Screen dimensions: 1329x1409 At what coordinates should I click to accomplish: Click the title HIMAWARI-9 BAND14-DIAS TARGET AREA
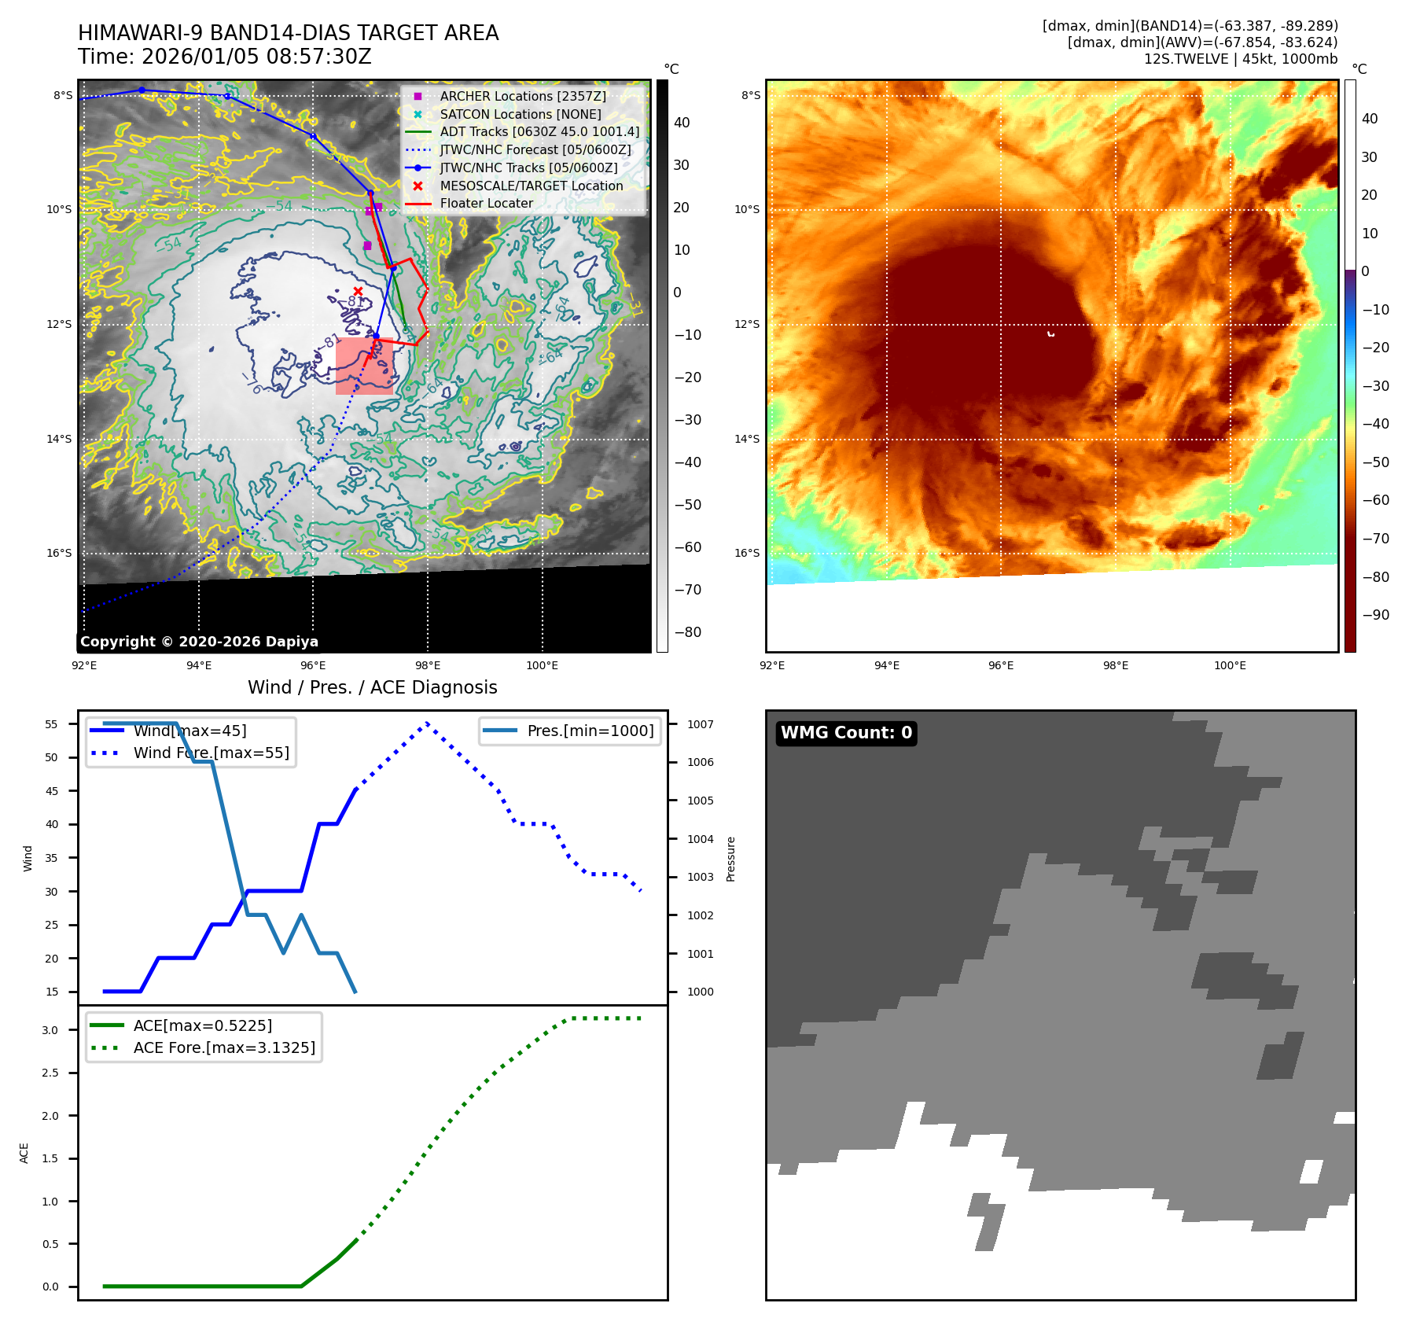pos(288,33)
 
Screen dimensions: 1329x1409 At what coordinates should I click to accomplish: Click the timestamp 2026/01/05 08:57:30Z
pos(256,57)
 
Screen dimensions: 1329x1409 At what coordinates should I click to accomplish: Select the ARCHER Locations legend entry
pos(522,96)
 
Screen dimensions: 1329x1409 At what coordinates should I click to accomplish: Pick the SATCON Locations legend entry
pos(520,114)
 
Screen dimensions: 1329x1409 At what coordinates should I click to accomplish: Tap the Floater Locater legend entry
pos(486,203)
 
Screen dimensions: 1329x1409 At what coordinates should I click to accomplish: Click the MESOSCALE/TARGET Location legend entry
pos(531,186)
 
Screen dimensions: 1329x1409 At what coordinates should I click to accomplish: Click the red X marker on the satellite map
pos(358,292)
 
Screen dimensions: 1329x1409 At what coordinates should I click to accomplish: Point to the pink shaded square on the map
pos(364,366)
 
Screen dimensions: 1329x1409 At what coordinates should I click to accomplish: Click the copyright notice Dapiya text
pos(199,642)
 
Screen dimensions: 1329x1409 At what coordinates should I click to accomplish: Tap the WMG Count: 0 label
pos(846,733)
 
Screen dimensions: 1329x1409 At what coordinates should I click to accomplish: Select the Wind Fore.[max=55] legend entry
pos(211,753)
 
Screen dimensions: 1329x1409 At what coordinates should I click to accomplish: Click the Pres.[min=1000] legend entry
pos(590,731)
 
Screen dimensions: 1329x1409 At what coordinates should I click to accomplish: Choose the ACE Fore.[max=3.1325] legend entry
pos(224,1047)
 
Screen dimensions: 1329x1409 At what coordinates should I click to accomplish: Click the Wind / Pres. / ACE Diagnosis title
pos(372,687)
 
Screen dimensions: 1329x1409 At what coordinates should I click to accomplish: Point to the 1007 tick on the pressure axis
pos(700,724)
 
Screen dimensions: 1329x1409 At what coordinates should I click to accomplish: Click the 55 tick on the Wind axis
pos(52,724)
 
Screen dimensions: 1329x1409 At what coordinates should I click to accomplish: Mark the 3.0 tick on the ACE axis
pos(50,1030)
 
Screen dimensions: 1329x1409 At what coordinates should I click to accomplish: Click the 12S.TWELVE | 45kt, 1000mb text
pos(1240,59)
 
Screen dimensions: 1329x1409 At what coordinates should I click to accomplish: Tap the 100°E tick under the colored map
pos(1230,665)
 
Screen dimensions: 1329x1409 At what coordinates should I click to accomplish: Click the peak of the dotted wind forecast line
pos(427,723)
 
